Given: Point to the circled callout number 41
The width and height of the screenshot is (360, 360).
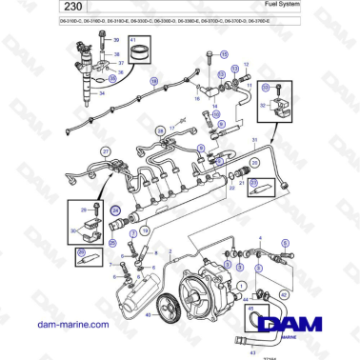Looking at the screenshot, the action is pos(133,40).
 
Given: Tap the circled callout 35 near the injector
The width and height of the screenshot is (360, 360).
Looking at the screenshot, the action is pos(112,80).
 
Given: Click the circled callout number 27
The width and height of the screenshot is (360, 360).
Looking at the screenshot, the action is pos(107,151).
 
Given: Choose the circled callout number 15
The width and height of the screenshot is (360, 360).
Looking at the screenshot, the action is pos(224,55).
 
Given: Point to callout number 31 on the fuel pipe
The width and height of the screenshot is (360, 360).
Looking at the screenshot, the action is pos(254,141).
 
